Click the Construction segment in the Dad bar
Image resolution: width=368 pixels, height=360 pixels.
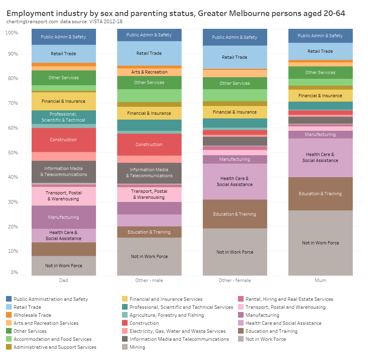click(64, 140)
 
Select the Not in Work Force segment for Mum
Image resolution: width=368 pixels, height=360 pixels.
click(320, 243)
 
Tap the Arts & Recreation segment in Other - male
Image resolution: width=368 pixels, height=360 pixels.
click(149, 72)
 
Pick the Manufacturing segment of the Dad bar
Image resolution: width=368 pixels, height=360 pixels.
click(64, 217)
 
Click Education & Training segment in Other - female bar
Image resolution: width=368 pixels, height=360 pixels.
click(235, 214)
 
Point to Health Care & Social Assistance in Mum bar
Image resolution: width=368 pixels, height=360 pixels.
click(320, 157)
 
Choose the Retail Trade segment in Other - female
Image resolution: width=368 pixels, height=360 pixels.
click(235, 57)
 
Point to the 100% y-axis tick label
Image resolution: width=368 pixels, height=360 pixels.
click(11, 32)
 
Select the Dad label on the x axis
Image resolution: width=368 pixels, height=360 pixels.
click(64, 280)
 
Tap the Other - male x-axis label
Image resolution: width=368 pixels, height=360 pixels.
click(149, 280)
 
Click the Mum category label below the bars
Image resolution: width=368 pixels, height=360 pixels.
click(320, 280)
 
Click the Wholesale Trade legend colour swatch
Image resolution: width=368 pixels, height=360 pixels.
click(9, 315)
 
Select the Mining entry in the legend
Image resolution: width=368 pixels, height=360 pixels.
click(137, 347)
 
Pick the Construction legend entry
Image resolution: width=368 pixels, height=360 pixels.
click(144, 323)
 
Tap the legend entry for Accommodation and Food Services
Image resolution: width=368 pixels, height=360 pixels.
click(52, 339)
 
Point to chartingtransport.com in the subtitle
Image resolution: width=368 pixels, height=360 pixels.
click(32, 21)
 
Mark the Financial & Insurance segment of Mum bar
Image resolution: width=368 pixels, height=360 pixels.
click(320, 96)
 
